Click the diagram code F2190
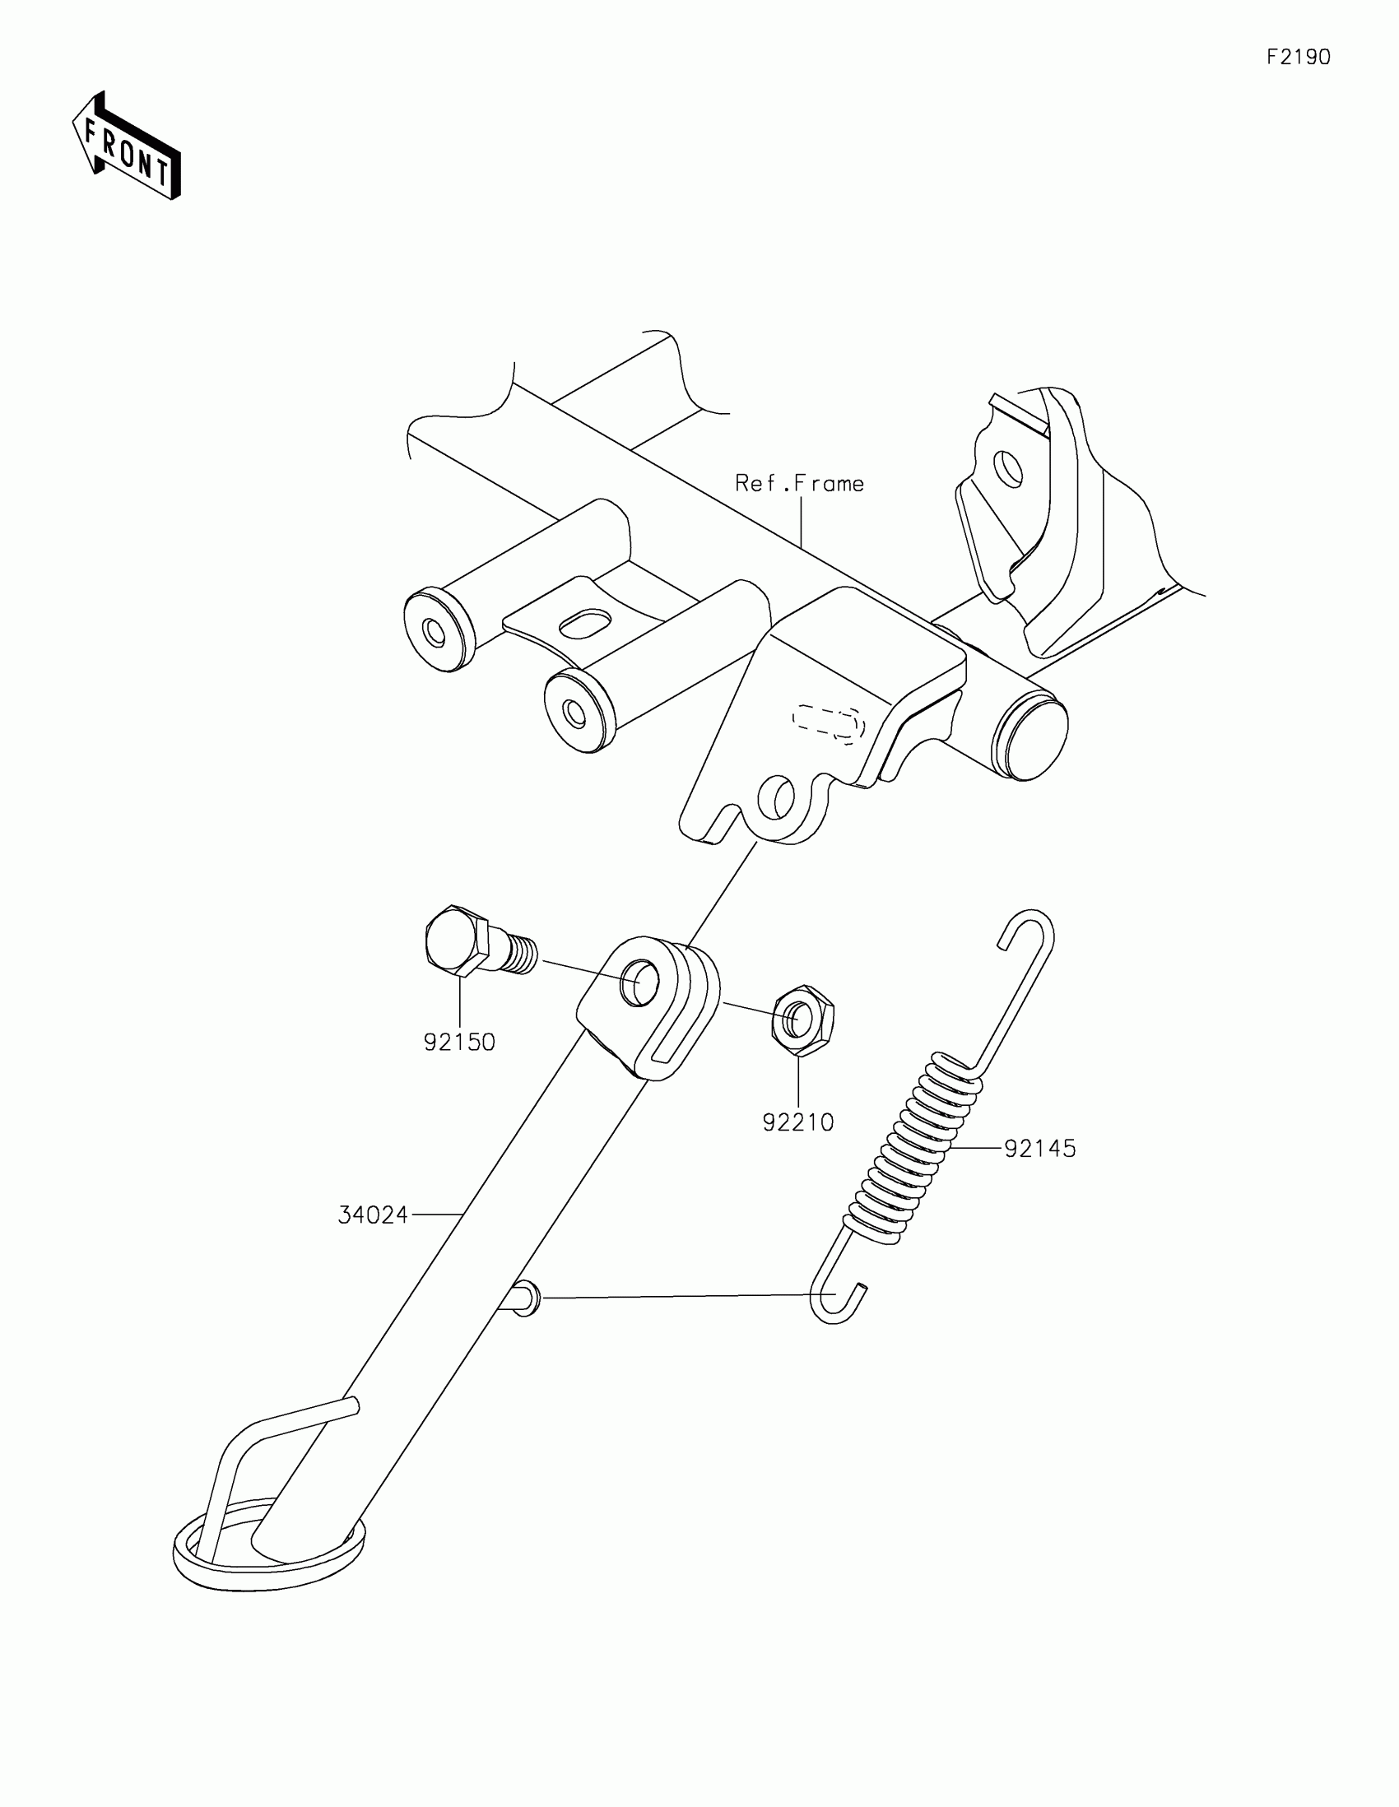pyautogui.click(x=1298, y=57)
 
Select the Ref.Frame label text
pyautogui.click(x=799, y=483)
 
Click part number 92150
pyautogui.click(x=459, y=1043)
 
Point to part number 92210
pyautogui.click(x=797, y=1122)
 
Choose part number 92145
pyautogui.click(x=1040, y=1149)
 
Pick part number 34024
pyautogui.click(x=373, y=1215)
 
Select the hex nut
pyautogui.click(x=802, y=1020)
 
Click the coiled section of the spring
pyautogui.click(x=914, y=1158)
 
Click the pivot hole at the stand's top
pyautogui.click(x=640, y=984)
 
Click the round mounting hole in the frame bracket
pyautogui.click(x=776, y=797)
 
